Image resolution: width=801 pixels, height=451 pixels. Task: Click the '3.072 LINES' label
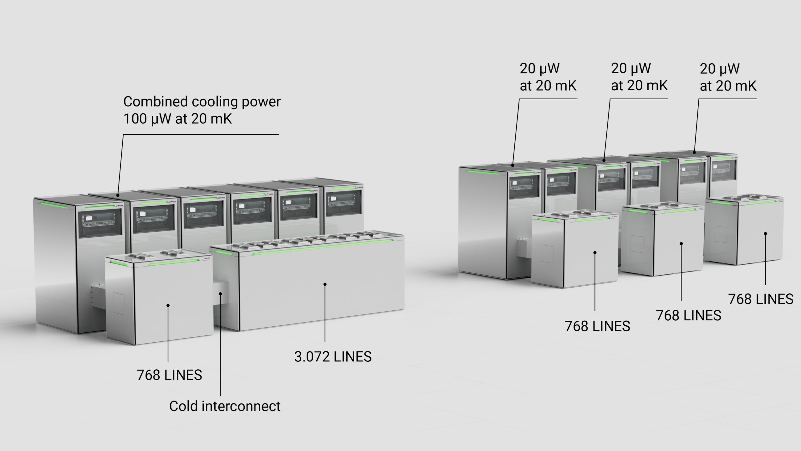tap(333, 357)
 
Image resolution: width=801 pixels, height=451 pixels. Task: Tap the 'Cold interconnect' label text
tap(225, 406)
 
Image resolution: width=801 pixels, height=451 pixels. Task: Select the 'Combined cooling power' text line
tap(202, 102)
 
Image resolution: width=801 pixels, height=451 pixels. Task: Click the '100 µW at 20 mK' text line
tap(177, 119)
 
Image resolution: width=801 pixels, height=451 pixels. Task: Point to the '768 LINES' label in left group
tap(169, 375)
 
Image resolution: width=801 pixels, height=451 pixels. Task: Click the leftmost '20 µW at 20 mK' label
tap(548, 77)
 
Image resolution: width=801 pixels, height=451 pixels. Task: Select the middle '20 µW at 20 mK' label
tap(639, 77)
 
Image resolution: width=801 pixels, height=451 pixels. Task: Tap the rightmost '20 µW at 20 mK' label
tap(728, 77)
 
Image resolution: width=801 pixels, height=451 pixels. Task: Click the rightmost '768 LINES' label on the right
tap(761, 299)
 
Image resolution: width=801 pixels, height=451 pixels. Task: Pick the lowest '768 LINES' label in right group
tap(597, 326)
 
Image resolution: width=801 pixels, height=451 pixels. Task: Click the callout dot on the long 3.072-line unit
tap(325, 284)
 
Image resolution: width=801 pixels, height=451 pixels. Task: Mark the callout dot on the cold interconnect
tap(221, 294)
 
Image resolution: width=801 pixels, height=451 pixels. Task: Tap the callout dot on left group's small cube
tap(168, 305)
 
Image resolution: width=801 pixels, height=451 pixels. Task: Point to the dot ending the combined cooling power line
tap(118, 195)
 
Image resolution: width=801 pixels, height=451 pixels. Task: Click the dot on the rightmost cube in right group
tap(765, 233)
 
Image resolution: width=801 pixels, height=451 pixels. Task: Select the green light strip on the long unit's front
tap(322, 247)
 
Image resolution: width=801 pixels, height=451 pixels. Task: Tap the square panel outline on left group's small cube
tap(119, 303)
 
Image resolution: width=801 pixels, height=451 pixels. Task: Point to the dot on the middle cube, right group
tap(681, 243)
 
